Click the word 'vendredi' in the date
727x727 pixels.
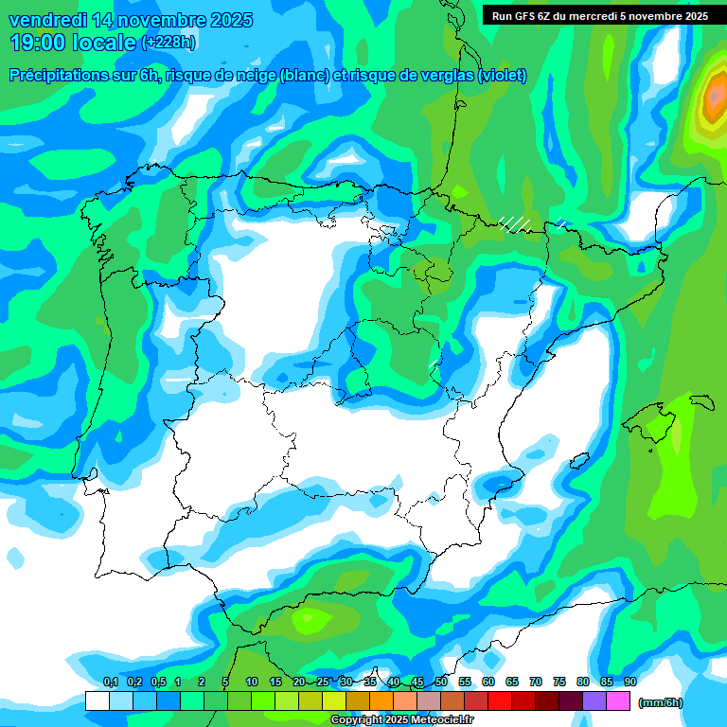pos(48,20)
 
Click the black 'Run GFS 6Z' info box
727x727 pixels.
pos(599,15)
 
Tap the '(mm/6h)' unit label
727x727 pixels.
pos(660,702)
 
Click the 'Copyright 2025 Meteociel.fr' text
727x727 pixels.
pos(401,720)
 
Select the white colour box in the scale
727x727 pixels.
pos(97,701)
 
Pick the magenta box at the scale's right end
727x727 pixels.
pos(618,701)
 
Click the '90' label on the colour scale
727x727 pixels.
pos(630,683)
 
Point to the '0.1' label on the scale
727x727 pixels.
pos(110,683)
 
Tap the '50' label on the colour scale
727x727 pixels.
pos(441,683)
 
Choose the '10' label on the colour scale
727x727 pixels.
pos(252,683)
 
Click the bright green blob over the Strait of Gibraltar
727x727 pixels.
pos(309,621)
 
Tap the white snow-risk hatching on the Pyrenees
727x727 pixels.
pos(515,224)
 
